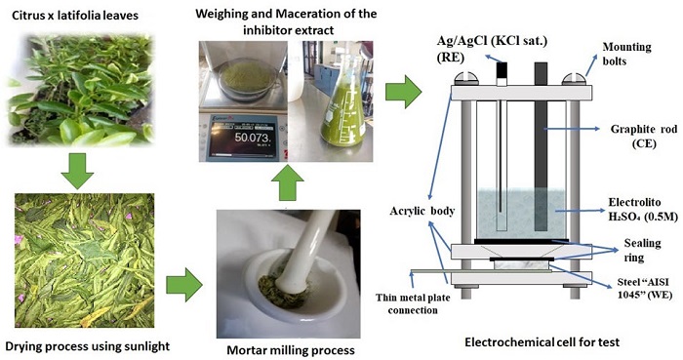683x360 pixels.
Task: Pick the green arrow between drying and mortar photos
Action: [x=184, y=285]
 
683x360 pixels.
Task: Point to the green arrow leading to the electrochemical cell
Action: [x=403, y=92]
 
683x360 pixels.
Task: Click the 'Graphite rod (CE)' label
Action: [x=644, y=136]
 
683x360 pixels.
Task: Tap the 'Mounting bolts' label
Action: [x=626, y=54]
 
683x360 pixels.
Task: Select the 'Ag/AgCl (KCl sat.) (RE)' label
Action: [x=492, y=49]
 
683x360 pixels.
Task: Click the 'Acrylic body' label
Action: [x=422, y=211]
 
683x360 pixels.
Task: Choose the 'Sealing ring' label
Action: [x=642, y=250]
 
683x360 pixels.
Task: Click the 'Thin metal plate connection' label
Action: [x=413, y=303]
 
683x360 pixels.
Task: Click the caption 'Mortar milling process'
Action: [x=291, y=350]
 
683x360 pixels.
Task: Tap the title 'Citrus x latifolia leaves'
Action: [x=75, y=17]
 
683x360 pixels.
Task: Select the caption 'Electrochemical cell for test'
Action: [x=542, y=342]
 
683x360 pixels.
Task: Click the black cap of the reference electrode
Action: [x=502, y=70]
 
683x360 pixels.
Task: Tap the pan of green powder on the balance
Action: [x=246, y=80]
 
